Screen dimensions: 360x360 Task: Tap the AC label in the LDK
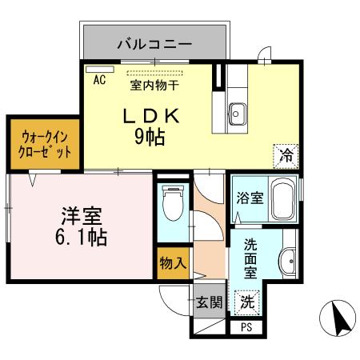pyautogui.click(x=100, y=80)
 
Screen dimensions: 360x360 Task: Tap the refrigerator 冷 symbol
pyautogui.click(x=286, y=155)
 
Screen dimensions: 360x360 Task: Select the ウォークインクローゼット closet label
pyautogui.click(x=45, y=144)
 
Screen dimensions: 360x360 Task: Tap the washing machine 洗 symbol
pyautogui.click(x=249, y=302)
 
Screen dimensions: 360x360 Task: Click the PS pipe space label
pyautogui.click(x=246, y=326)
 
